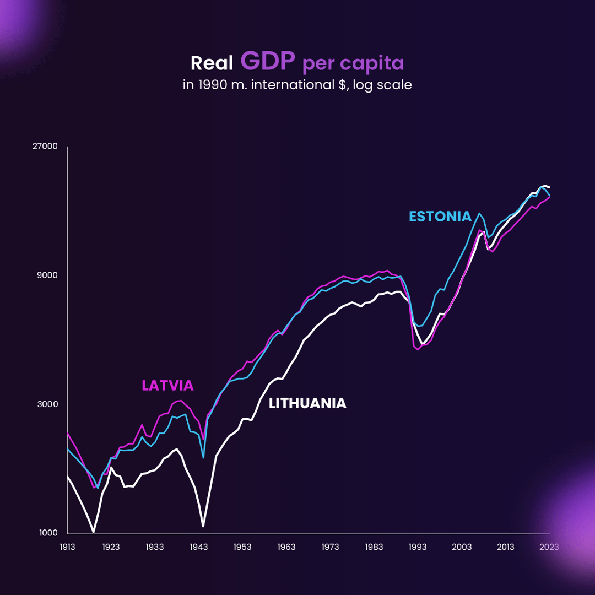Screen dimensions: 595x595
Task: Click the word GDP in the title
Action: point(268,62)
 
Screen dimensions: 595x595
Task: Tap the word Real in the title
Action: point(212,63)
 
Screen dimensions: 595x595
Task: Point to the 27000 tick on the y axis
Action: point(46,147)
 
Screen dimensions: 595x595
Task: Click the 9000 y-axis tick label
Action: point(48,275)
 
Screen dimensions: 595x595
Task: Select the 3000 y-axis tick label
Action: point(48,404)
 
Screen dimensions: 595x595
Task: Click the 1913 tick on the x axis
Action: point(67,547)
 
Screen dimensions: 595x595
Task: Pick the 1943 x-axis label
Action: point(199,547)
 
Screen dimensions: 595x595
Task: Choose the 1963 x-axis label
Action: point(286,547)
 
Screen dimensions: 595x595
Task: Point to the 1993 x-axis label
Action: point(418,547)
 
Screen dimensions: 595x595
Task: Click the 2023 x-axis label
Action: point(549,547)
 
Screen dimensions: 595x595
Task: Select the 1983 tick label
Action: point(374,547)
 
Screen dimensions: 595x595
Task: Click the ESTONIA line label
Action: point(440,217)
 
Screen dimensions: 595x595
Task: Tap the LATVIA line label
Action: point(167,386)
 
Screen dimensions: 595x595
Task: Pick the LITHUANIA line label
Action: point(307,403)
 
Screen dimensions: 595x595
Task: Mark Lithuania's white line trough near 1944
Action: point(203,526)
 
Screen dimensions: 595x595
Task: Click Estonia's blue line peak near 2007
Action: point(479,213)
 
